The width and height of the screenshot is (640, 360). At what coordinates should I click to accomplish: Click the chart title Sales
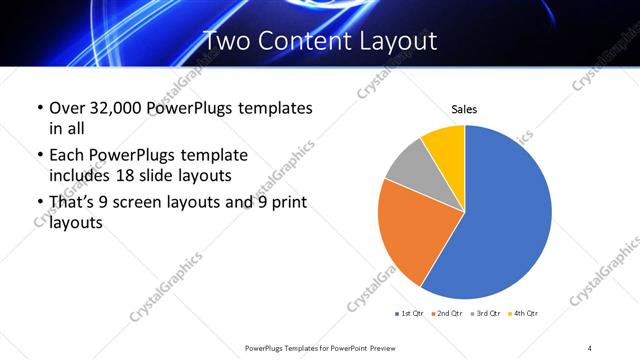click(x=464, y=108)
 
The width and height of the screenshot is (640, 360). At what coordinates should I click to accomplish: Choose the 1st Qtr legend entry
click(x=411, y=314)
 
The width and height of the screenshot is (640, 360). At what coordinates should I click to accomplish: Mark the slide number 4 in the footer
click(x=590, y=346)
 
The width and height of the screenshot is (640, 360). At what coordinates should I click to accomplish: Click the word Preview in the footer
click(x=388, y=346)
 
